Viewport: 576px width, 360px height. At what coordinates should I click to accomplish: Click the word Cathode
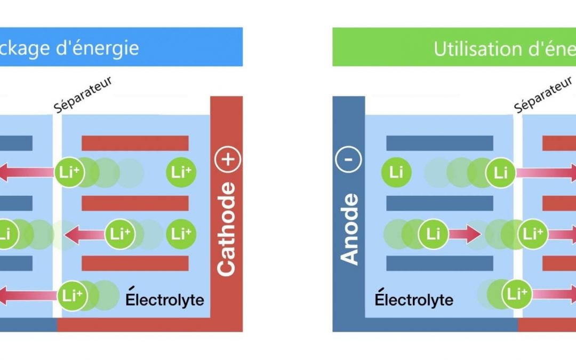pyautogui.click(x=227, y=229)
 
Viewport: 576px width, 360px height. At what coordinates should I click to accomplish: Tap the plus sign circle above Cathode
pyautogui.click(x=227, y=159)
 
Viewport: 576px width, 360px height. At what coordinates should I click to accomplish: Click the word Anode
pyautogui.click(x=350, y=229)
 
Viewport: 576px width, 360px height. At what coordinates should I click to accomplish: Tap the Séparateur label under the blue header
pyautogui.click(x=83, y=95)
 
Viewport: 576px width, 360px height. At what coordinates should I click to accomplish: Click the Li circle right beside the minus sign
pyautogui.click(x=396, y=172)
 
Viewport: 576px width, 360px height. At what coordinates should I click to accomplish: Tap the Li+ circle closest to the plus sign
pyautogui.click(x=181, y=172)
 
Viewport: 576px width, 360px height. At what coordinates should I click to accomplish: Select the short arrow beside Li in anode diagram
pyautogui.click(x=465, y=234)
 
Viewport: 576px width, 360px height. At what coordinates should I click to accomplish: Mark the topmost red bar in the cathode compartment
pyautogui.click(x=135, y=143)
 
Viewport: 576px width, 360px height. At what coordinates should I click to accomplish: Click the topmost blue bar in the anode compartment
pyautogui.click(x=439, y=143)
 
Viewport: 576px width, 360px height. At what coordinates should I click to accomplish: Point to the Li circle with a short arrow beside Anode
pyautogui.click(x=434, y=234)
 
